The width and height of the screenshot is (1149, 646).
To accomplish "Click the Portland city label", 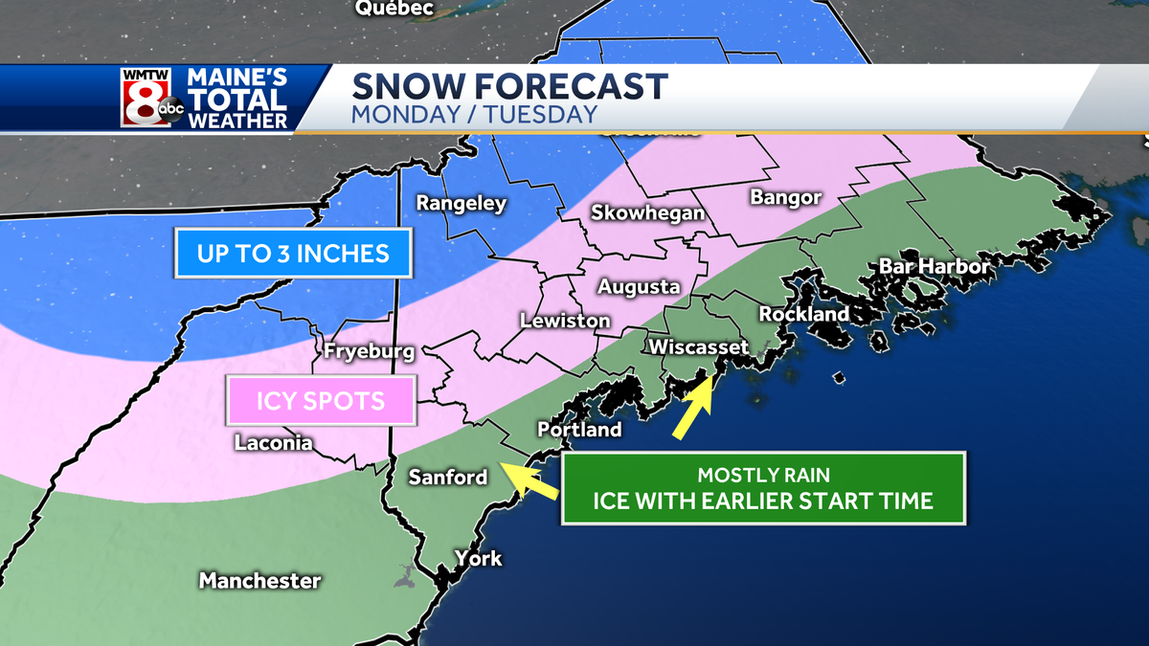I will [579, 430].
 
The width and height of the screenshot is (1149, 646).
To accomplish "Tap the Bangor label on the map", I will [786, 198].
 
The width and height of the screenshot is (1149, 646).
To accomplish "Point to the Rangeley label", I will [461, 204].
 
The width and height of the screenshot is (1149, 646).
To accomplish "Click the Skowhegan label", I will [647, 212].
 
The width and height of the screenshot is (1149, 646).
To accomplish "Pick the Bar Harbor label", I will [934, 266].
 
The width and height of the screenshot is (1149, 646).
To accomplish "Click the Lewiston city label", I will [565, 321].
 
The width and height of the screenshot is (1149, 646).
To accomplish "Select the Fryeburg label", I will [369, 351].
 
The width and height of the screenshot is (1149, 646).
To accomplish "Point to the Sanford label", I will [447, 477].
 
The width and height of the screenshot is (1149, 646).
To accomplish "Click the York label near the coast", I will [478, 558].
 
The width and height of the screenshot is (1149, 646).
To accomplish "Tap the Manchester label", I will [259, 581].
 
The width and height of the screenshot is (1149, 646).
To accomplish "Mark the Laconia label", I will [273, 443].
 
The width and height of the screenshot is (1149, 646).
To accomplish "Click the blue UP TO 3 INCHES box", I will [293, 255].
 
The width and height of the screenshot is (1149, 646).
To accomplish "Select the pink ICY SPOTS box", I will [320, 400].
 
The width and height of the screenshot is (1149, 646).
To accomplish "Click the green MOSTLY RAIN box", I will [762, 488].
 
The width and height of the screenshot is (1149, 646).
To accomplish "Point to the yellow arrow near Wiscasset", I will [692, 410].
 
